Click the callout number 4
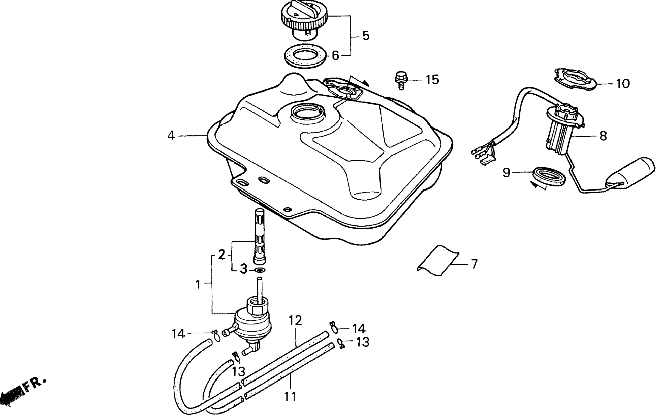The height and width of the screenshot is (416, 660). coord(171,136)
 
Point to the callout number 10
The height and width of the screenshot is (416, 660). coord(623,84)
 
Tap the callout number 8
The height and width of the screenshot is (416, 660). coord(603,136)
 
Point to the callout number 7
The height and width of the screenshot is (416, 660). coord(474,264)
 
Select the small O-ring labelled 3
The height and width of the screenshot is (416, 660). coord(260,270)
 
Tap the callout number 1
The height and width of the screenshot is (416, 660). coord(198,285)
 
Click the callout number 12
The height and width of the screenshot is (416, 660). coord(295,320)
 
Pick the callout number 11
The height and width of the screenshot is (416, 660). coord(290,397)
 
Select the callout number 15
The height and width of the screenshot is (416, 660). coord(432,80)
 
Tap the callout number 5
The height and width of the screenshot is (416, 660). coord(366,36)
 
